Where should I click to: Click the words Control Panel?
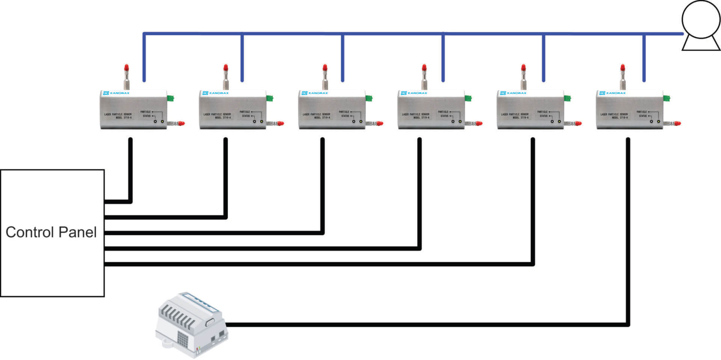[x=51, y=232]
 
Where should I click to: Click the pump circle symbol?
[x=701, y=19]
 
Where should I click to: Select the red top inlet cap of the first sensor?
[x=127, y=68]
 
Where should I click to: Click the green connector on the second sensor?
[x=270, y=99]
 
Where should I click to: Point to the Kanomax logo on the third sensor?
[x=315, y=93]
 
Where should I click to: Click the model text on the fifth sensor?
[x=515, y=116]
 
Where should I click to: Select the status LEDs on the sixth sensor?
[x=655, y=121]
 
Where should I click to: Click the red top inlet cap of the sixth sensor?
[x=623, y=68]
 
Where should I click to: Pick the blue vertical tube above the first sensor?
[x=144, y=56]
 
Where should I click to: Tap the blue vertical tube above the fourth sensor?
[x=443, y=56]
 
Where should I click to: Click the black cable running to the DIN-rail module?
[x=413, y=324]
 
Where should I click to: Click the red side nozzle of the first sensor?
[x=181, y=123]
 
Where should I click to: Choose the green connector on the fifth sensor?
[x=567, y=99]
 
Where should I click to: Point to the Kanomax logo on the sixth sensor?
[x=612, y=93]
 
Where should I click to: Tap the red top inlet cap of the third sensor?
[x=325, y=68]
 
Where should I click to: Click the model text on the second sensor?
[x=217, y=116]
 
